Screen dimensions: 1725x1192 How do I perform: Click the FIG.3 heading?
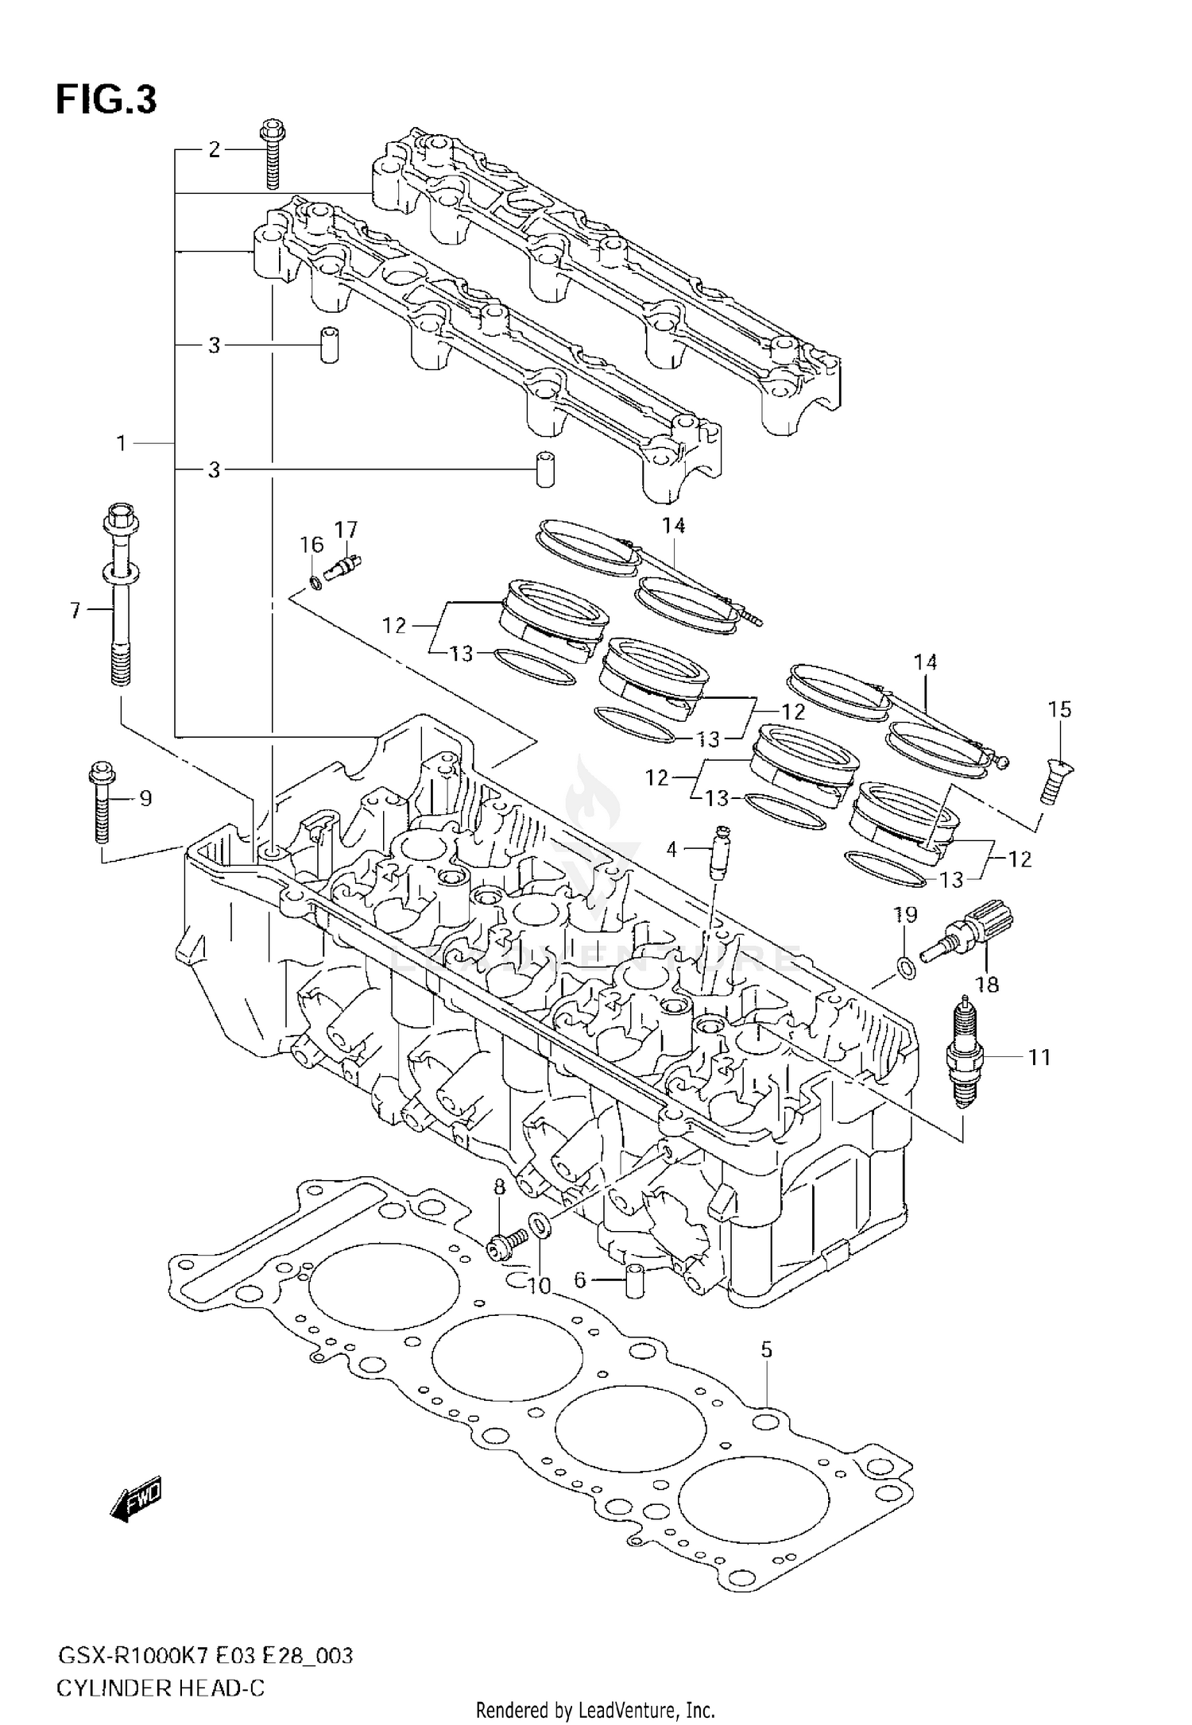click(x=106, y=101)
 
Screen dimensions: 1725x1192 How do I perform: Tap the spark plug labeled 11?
click(x=965, y=1055)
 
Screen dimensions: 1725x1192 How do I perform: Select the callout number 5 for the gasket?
click(x=766, y=1349)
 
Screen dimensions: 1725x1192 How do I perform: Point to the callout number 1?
click(x=121, y=443)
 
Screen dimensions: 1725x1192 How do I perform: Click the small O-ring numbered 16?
click(x=315, y=583)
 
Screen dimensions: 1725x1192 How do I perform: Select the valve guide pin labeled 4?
click(x=720, y=854)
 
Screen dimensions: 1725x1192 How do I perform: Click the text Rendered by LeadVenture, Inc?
click(x=595, y=1709)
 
